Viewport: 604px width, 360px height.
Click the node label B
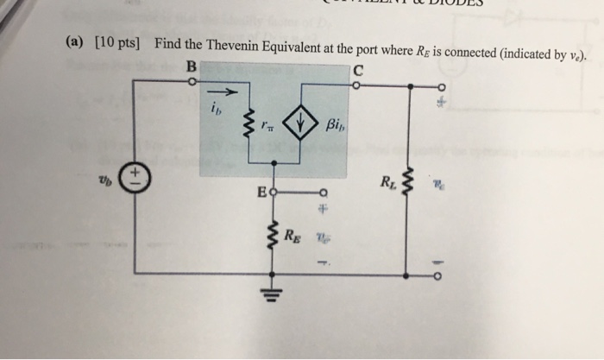coord(191,66)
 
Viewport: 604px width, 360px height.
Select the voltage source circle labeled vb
coord(135,179)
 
